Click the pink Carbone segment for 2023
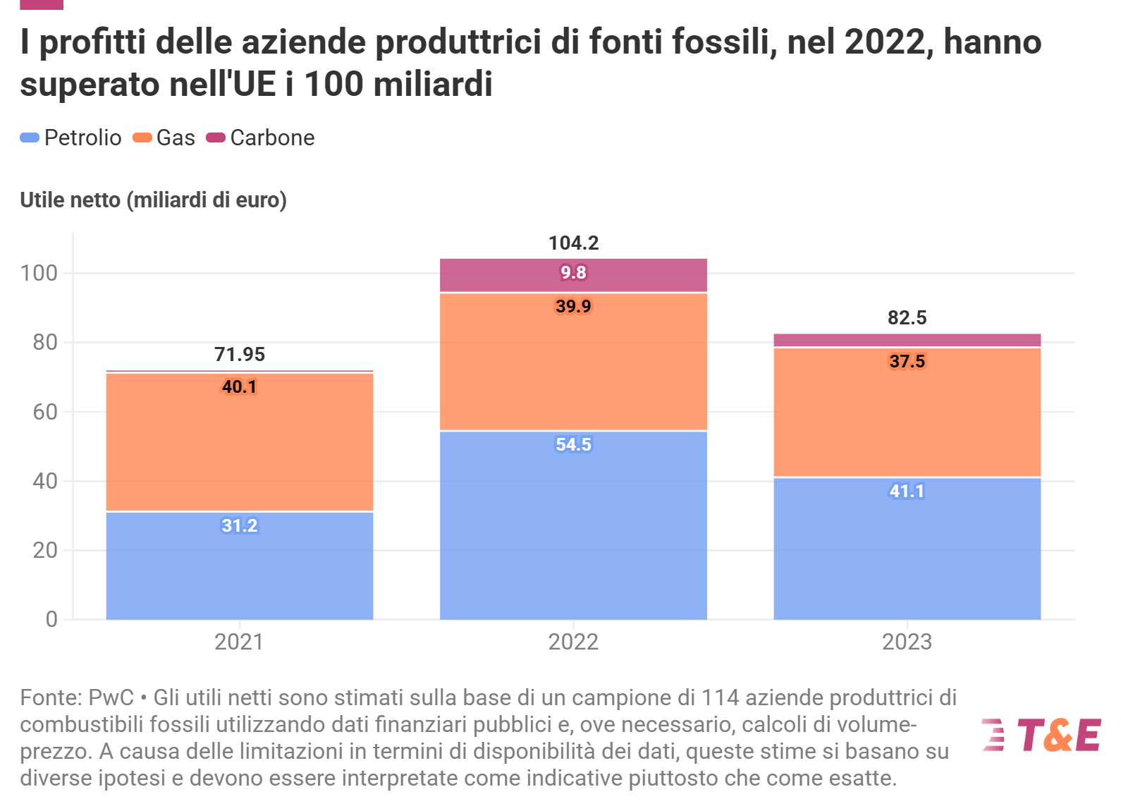[907, 340]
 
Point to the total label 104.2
[573, 243]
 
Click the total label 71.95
[240, 354]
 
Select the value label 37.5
[907, 362]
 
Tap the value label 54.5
[573, 445]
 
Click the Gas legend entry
[165, 138]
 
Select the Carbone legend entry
[261, 138]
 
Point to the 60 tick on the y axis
[45, 412]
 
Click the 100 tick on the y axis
[39, 274]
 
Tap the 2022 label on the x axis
[573, 642]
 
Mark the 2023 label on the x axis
[907, 642]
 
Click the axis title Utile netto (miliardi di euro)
[153, 200]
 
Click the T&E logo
[1041, 736]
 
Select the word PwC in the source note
[111, 697]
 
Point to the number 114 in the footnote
[720, 697]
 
